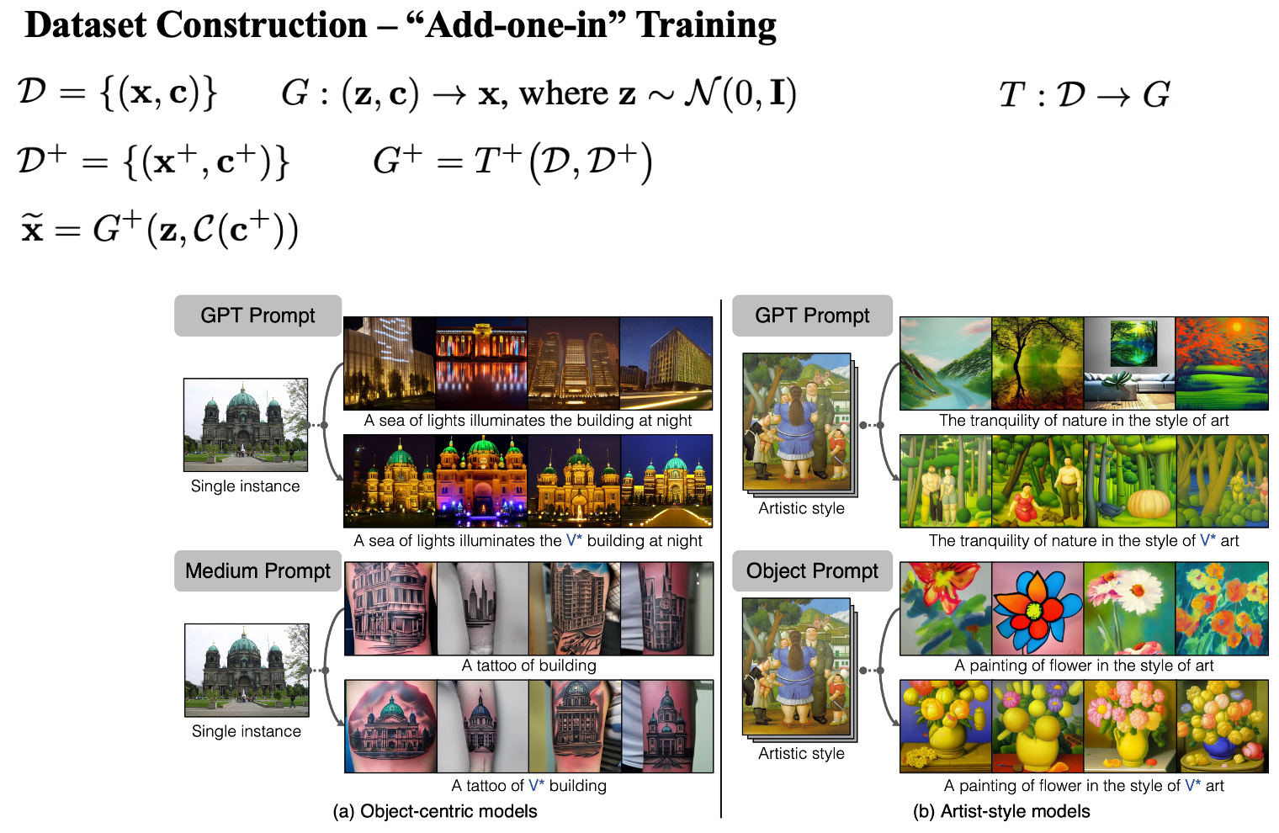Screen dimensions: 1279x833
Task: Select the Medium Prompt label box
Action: pos(257,571)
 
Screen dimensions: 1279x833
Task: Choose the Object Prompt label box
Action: pos(812,571)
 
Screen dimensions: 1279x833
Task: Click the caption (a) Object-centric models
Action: pos(435,811)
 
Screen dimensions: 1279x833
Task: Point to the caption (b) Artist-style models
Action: pos(1001,811)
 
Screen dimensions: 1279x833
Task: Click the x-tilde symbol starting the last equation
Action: pos(32,229)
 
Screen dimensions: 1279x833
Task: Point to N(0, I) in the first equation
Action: pos(740,93)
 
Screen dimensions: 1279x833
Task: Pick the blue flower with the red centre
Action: pos(1037,608)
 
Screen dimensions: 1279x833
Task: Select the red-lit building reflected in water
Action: pos(481,362)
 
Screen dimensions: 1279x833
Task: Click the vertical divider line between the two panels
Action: pos(721,555)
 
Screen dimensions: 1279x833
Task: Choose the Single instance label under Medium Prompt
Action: pos(246,731)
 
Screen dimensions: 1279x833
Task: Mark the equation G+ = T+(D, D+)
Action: pos(512,162)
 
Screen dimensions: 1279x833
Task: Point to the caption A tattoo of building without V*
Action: pos(528,666)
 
